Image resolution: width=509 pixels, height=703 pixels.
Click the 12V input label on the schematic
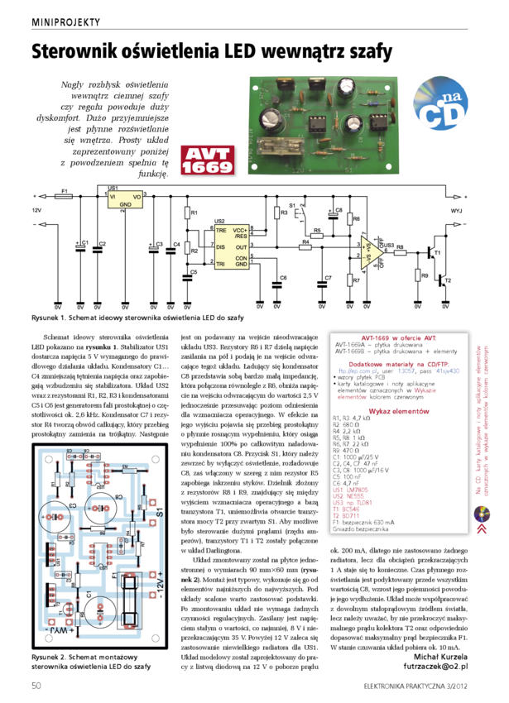tap(36, 210)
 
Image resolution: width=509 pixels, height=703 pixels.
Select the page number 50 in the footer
tap(36, 685)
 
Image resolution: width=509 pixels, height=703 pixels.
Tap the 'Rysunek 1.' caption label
tap(50, 318)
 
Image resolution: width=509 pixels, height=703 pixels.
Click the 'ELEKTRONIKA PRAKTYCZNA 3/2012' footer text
tap(421, 686)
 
